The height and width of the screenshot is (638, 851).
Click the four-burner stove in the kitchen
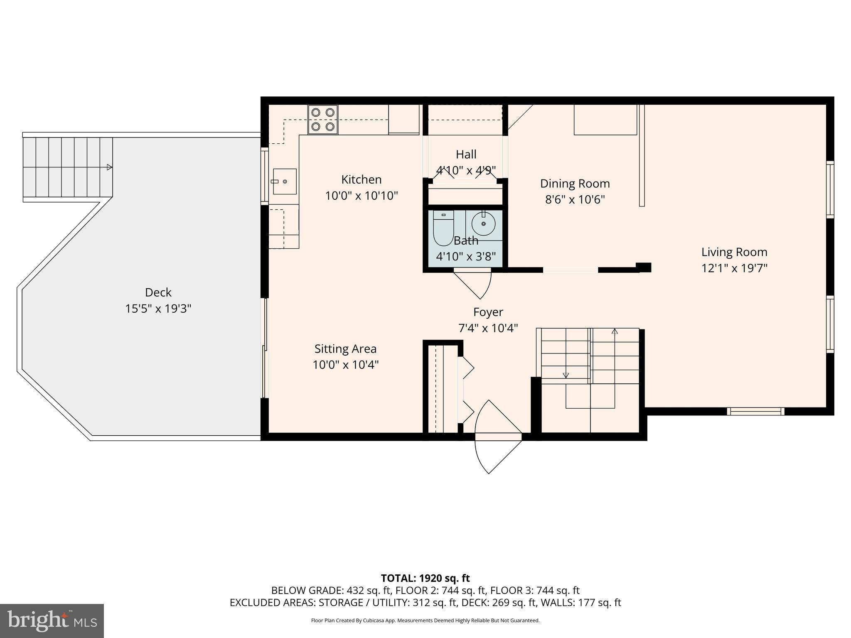pyautogui.click(x=323, y=119)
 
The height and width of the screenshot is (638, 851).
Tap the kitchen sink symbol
pyautogui.click(x=285, y=182)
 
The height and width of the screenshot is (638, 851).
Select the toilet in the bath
pyautogui.click(x=443, y=228)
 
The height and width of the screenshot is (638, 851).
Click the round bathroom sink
pyautogui.click(x=484, y=223)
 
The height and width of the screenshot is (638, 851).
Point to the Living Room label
pyautogui.click(x=734, y=252)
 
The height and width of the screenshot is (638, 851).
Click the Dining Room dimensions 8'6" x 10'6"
pyautogui.click(x=575, y=200)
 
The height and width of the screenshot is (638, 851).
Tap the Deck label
pyautogui.click(x=158, y=292)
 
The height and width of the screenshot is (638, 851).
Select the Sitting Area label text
pyautogui.click(x=345, y=349)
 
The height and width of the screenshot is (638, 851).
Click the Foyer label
pyautogui.click(x=488, y=312)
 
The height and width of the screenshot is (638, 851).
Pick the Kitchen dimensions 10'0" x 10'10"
pyautogui.click(x=361, y=196)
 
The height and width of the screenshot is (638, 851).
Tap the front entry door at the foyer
pyautogui.click(x=498, y=437)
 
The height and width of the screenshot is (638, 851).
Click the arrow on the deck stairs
pyautogui.click(x=109, y=167)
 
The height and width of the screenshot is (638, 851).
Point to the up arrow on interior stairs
pyautogui.click(x=615, y=331)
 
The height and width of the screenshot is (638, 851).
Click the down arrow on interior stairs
pyautogui.click(x=566, y=375)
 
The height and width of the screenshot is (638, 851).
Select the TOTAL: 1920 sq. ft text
pyautogui.click(x=425, y=578)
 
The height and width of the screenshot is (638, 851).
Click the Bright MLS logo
pyautogui.click(x=52, y=621)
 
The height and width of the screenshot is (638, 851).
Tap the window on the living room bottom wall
pyautogui.click(x=755, y=411)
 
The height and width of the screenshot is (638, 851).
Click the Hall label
pyautogui.click(x=466, y=155)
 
